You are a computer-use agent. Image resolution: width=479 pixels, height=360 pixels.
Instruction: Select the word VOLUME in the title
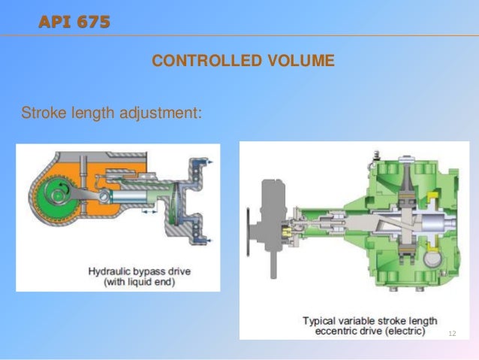tap(302, 61)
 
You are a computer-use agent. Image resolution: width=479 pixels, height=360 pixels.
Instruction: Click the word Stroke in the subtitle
tap(42, 114)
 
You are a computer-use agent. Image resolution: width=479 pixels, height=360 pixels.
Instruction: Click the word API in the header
tap(55, 21)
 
